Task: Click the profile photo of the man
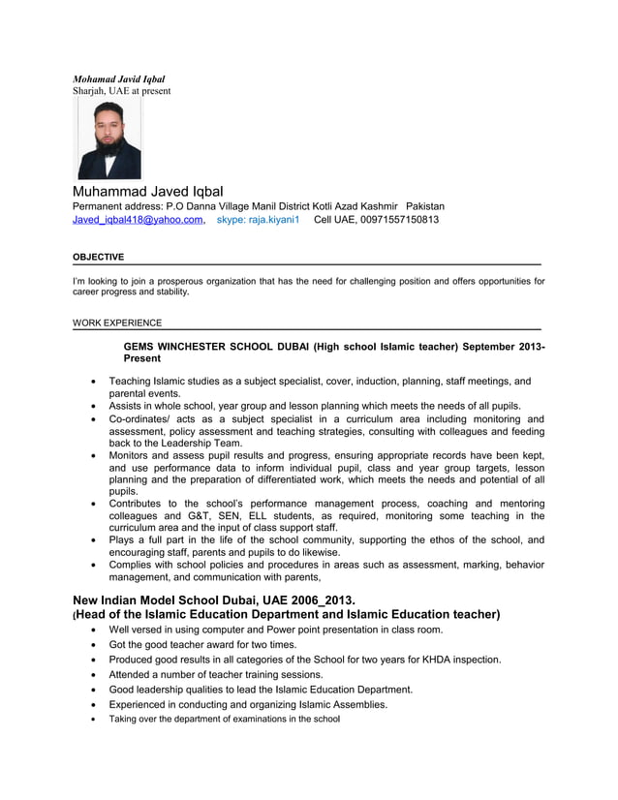point(109,140)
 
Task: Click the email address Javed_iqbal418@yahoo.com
point(139,220)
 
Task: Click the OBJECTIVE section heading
point(99,257)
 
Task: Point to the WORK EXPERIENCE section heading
point(117,323)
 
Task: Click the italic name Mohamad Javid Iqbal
point(119,78)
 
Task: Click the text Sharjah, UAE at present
point(122,91)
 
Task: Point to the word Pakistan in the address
point(425,206)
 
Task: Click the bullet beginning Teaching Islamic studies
point(320,382)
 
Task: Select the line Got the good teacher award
point(202,644)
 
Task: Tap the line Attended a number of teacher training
point(229,674)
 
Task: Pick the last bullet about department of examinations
point(224,720)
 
